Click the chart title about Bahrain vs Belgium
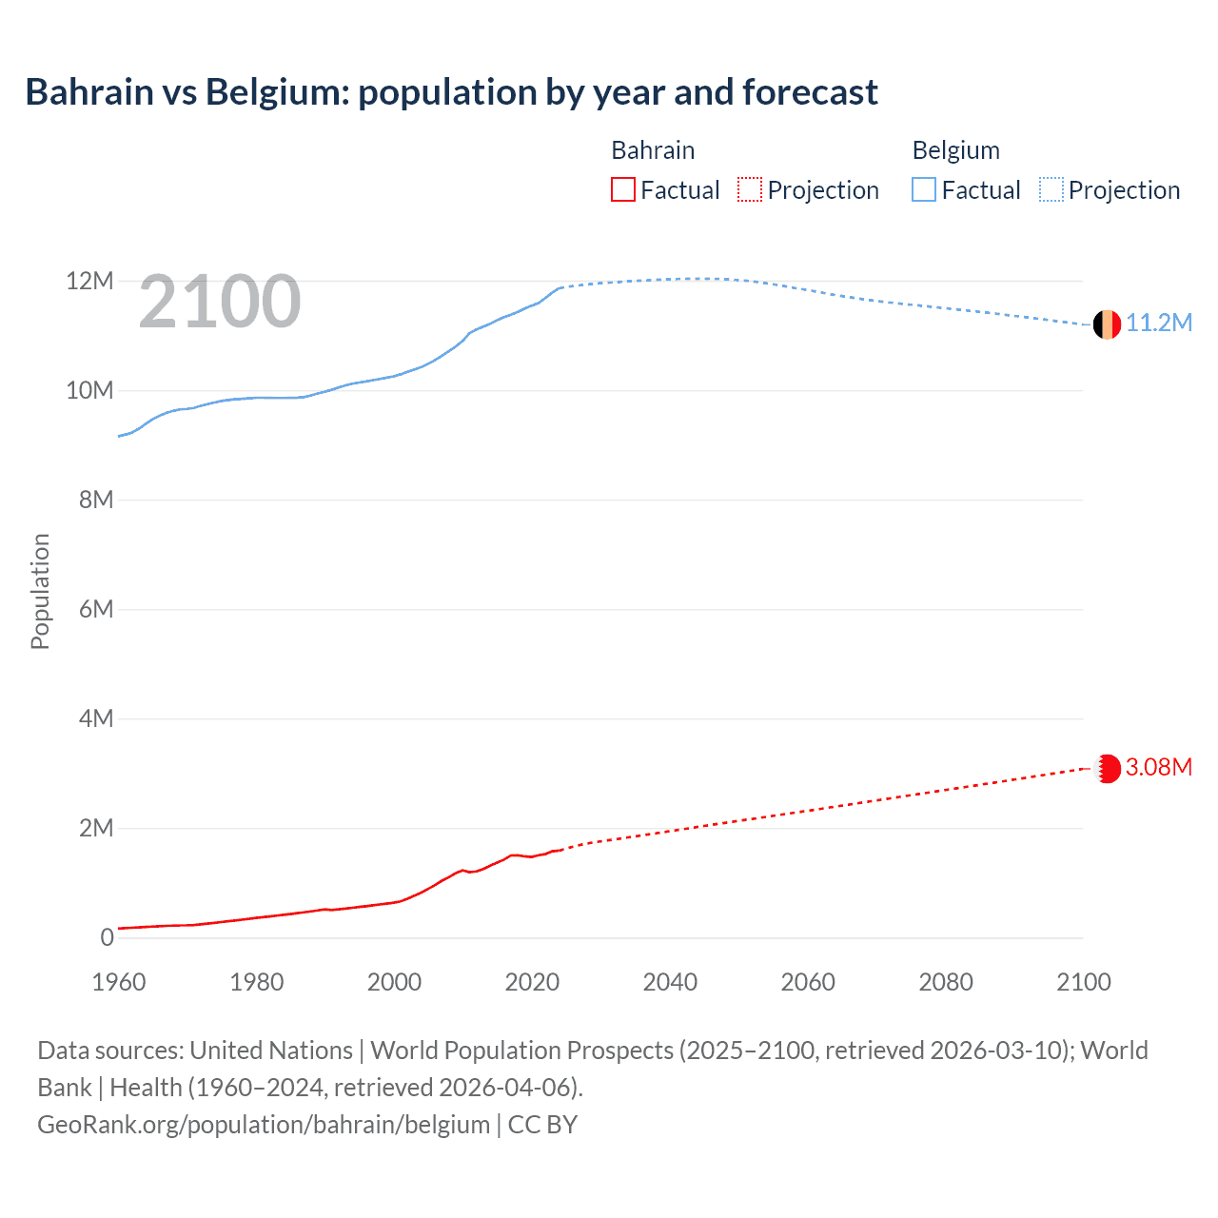point(451,92)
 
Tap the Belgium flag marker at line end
point(1107,324)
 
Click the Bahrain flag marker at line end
point(1107,768)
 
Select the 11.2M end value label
point(1159,324)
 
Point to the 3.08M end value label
point(1159,767)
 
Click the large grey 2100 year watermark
point(220,302)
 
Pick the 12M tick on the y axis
point(89,281)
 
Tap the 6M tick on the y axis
point(96,609)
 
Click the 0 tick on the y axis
point(107,937)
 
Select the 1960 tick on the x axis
point(119,982)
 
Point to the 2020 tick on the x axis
point(532,982)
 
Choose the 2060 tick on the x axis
point(808,982)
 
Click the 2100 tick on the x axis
point(1083,982)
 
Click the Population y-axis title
point(40,591)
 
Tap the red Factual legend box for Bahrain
point(622,190)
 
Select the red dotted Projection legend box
point(750,190)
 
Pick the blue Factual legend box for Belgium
point(924,190)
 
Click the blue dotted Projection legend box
point(1051,190)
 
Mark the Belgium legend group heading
point(955,150)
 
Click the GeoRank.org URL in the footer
point(264,1124)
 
